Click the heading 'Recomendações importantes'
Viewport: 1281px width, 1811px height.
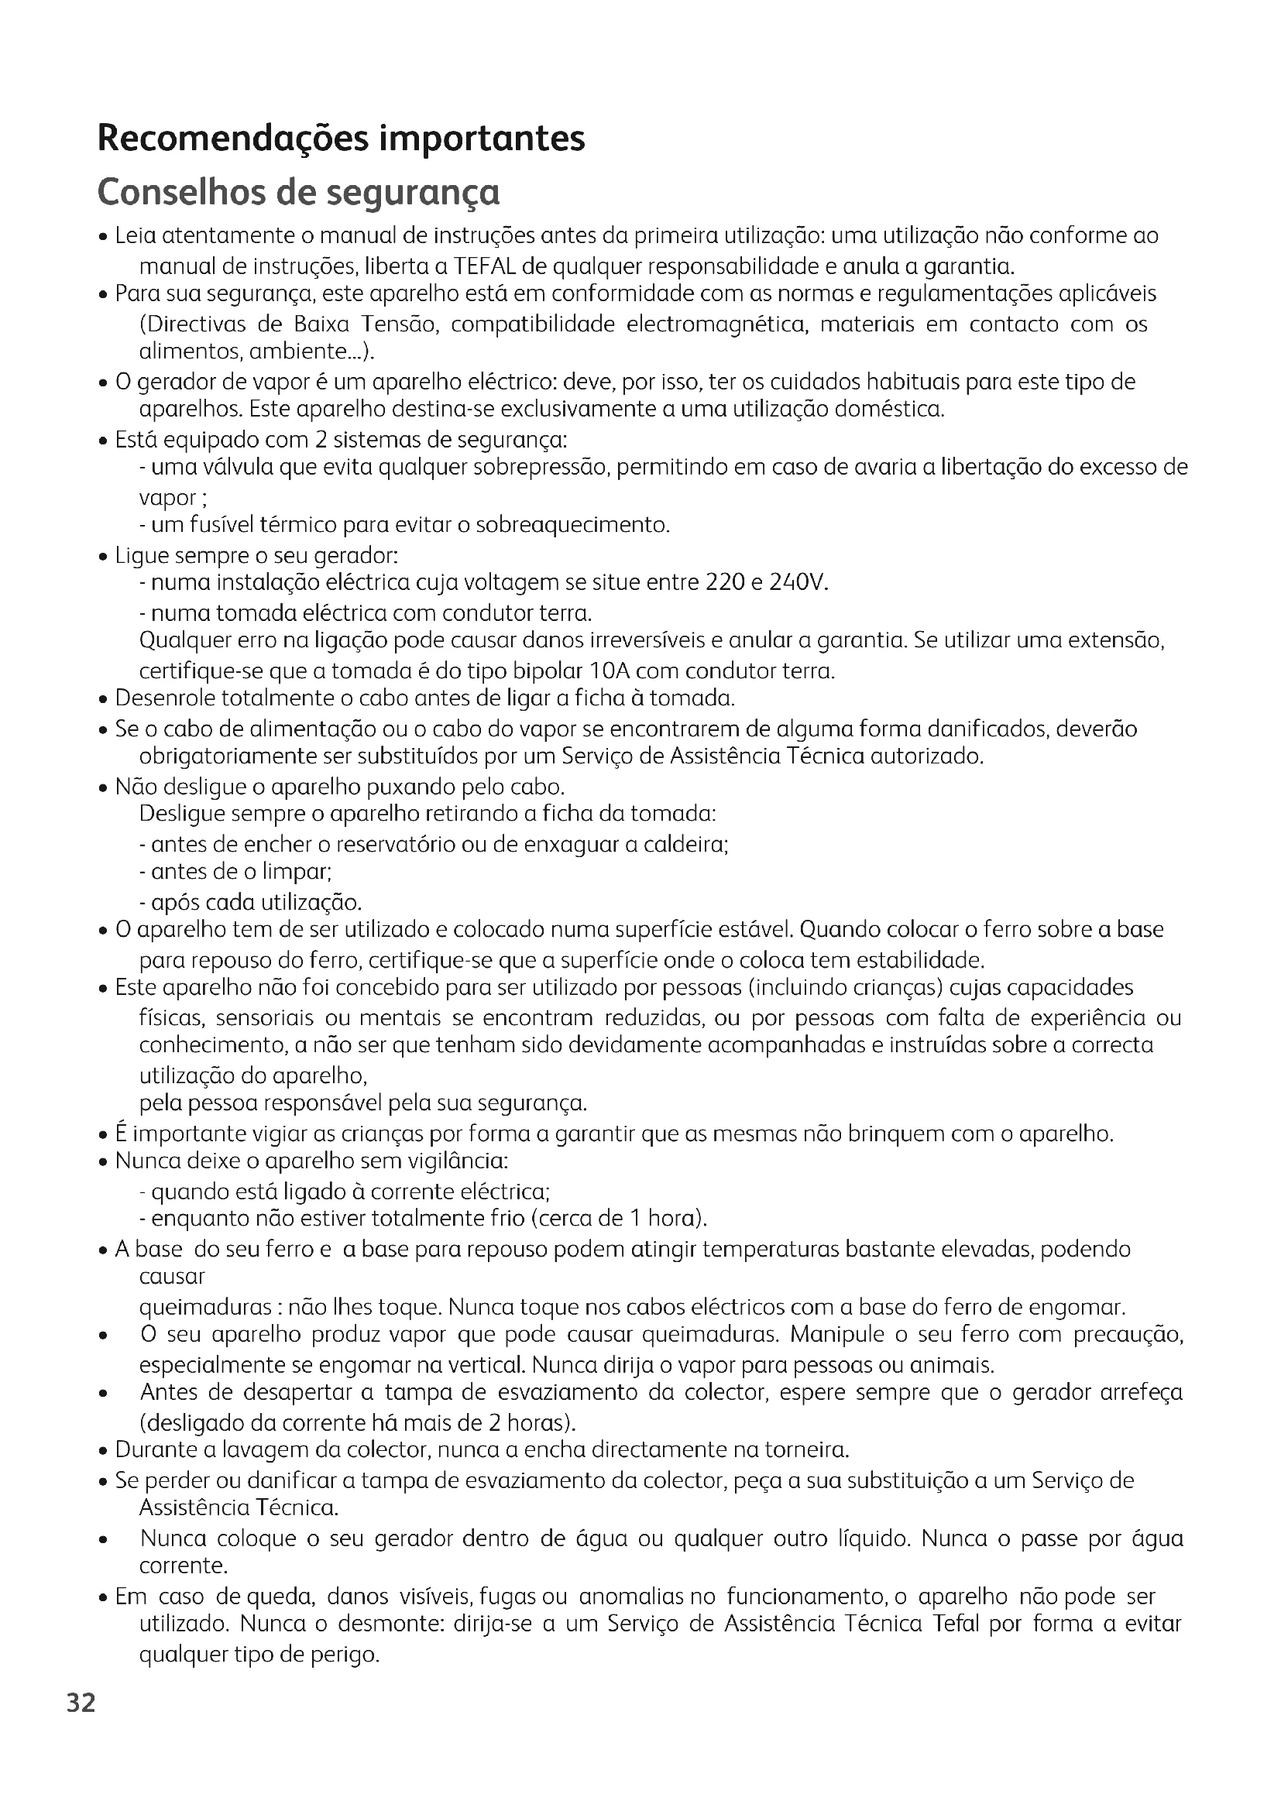[341, 139]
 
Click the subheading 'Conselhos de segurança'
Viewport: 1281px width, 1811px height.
[298, 193]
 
